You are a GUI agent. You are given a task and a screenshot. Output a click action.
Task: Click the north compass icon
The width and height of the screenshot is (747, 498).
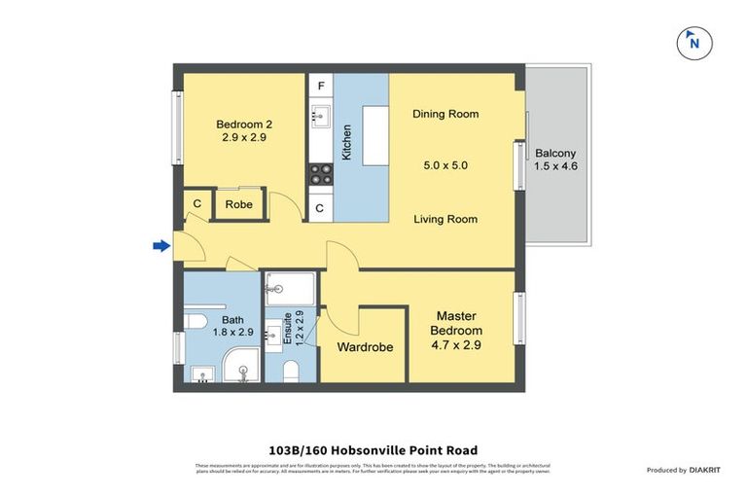(x=693, y=41)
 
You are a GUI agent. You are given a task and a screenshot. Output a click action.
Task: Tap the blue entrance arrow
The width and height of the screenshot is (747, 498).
(x=161, y=246)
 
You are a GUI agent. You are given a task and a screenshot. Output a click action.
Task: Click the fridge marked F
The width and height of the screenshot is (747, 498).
(x=321, y=87)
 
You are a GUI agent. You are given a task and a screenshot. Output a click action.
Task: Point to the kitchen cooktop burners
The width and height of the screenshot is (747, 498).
(x=321, y=174)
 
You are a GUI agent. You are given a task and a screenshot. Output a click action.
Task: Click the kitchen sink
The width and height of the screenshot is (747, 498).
(x=321, y=120)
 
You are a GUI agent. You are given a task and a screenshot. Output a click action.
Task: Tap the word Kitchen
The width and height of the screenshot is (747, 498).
(x=346, y=142)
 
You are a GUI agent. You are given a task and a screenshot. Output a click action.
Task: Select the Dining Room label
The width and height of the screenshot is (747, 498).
(x=445, y=114)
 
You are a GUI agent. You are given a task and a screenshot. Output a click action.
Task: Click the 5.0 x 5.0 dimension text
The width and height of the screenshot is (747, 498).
(x=445, y=165)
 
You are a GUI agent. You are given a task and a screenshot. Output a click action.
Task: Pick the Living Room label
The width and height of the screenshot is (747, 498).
(x=445, y=219)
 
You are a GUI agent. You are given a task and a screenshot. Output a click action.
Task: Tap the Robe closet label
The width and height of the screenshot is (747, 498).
(x=238, y=204)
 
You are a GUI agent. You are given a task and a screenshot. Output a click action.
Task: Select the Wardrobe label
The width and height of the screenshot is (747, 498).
(x=364, y=347)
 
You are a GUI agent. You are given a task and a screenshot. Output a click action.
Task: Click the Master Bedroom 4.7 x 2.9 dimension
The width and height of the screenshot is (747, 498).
(x=457, y=344)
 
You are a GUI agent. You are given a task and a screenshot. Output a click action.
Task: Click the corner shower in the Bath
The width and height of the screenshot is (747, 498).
(x=239, y=367)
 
